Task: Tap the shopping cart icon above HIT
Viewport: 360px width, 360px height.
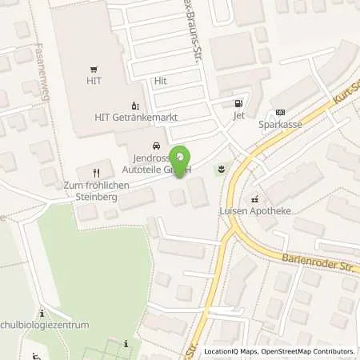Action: (x=94, y=70)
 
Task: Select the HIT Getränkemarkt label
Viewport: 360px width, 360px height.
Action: (x=136, y=117)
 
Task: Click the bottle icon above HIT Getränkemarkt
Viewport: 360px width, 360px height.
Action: (x=135, y=106)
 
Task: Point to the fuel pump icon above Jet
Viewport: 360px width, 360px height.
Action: (x=237, y=104)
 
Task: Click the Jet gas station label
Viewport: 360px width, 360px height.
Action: (x=238, y=116)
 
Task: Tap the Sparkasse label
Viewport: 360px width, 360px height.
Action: (x=279, y=125)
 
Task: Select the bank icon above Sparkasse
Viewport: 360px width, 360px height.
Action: (x=279, y=113)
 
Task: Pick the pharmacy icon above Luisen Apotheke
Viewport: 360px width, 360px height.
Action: (x=254, y=199)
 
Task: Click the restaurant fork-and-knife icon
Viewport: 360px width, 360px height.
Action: (x=96, y=172)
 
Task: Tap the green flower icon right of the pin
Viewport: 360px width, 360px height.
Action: (x=219, y=168)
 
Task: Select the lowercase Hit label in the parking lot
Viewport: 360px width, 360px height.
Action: (x=160, y=82)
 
